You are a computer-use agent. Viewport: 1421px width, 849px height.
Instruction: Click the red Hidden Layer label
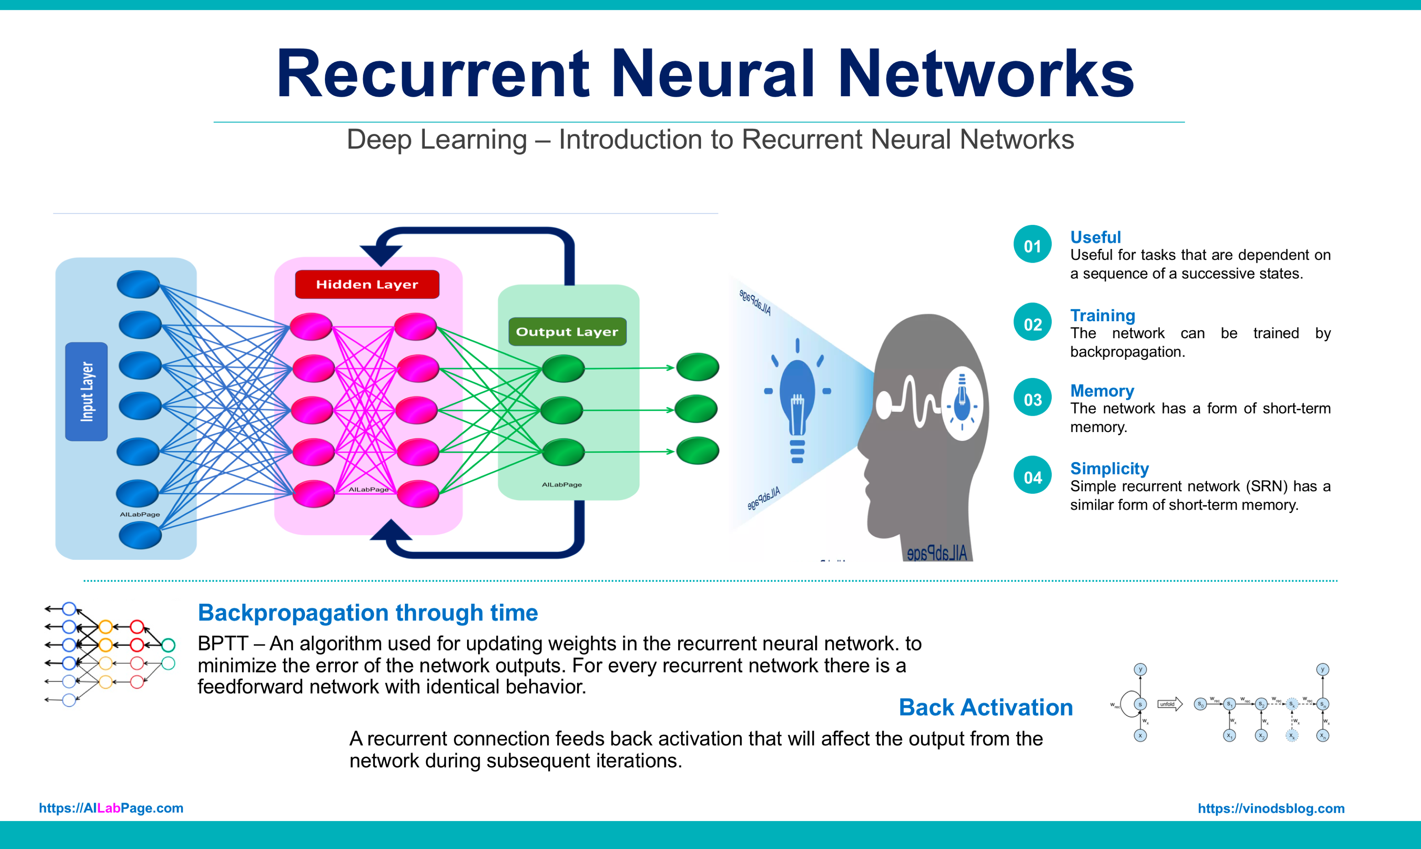[367, 284]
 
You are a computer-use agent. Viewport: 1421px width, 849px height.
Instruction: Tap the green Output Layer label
[567, 332]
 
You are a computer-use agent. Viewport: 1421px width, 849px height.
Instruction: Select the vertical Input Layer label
[87, 392]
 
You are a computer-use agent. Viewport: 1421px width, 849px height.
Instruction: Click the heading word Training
[1102, 315]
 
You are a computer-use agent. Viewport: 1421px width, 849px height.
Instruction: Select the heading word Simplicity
[1109, 468]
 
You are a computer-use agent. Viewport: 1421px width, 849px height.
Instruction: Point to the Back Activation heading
[985, 707]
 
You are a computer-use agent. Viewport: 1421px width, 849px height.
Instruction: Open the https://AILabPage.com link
[111, 808]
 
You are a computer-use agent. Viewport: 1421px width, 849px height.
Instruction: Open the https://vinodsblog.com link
[1271, 808]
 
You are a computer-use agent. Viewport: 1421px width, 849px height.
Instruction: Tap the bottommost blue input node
[140, 536]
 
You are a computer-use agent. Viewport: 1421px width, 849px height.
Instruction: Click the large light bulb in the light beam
[797, 400]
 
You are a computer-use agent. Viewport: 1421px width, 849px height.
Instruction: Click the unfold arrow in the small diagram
[1169, 704]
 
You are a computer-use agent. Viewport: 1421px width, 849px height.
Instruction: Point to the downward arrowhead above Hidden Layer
[381, 253]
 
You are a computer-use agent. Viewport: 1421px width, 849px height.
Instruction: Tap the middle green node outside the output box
[696, 409]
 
